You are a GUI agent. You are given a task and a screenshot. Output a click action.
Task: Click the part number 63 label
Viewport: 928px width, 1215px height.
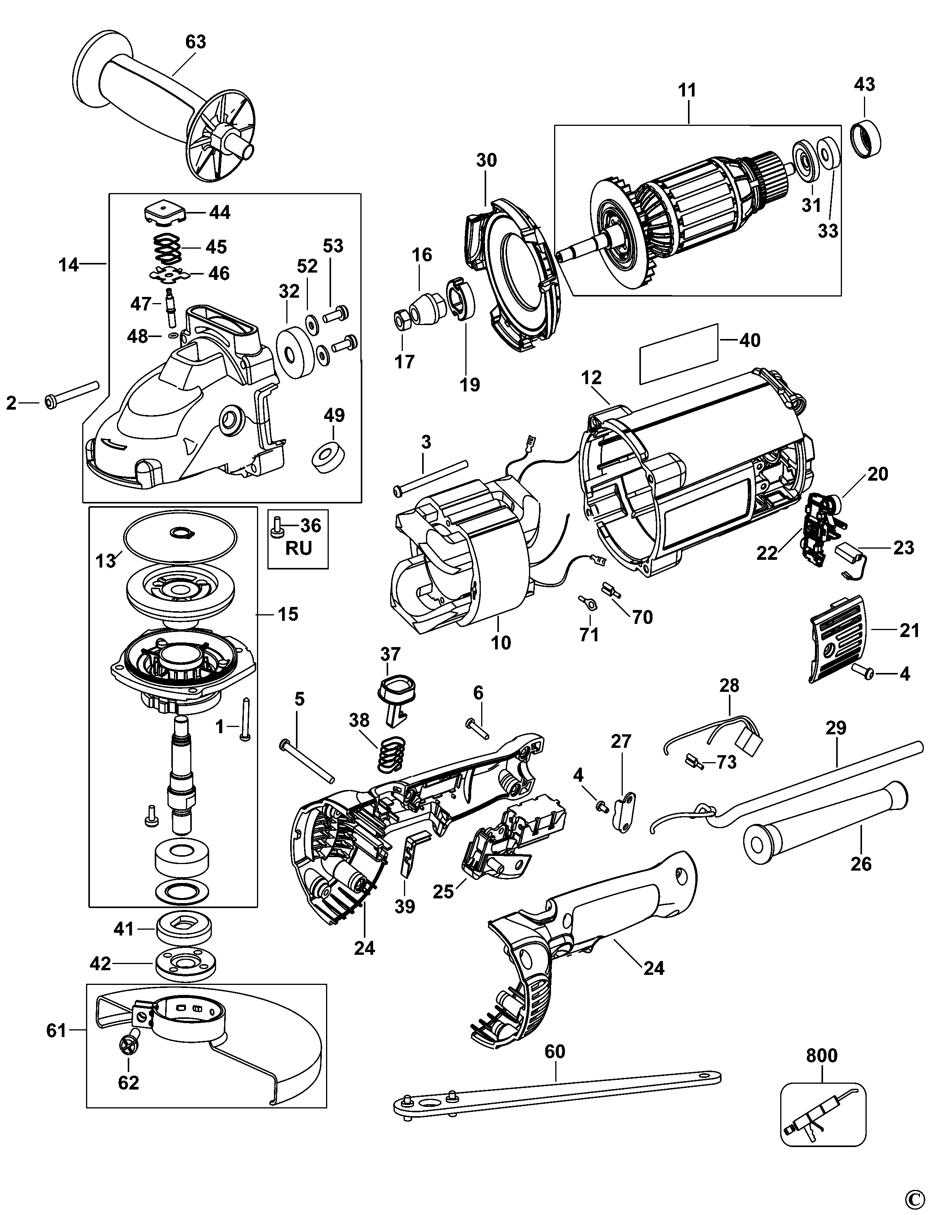(196, 42)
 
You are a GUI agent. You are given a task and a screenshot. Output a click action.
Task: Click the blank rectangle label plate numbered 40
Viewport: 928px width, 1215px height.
(679, 354)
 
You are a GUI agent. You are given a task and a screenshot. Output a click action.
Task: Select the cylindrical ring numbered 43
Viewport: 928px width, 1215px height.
(865, 138)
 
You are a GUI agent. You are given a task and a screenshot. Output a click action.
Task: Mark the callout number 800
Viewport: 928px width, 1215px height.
(822, 1056)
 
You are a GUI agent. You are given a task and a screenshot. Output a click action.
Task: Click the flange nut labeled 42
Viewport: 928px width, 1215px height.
(184, 964)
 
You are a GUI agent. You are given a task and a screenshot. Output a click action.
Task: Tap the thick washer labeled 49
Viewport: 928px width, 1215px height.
(329, 457)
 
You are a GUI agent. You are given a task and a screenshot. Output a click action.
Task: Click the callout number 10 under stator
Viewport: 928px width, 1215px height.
(502, 643)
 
